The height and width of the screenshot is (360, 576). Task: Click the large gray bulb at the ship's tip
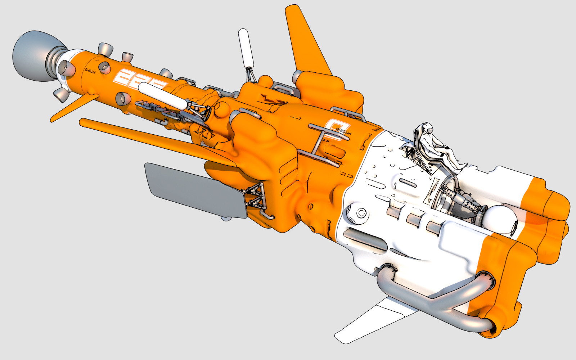point(32,56)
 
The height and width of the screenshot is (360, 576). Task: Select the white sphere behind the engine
point(500,220)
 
